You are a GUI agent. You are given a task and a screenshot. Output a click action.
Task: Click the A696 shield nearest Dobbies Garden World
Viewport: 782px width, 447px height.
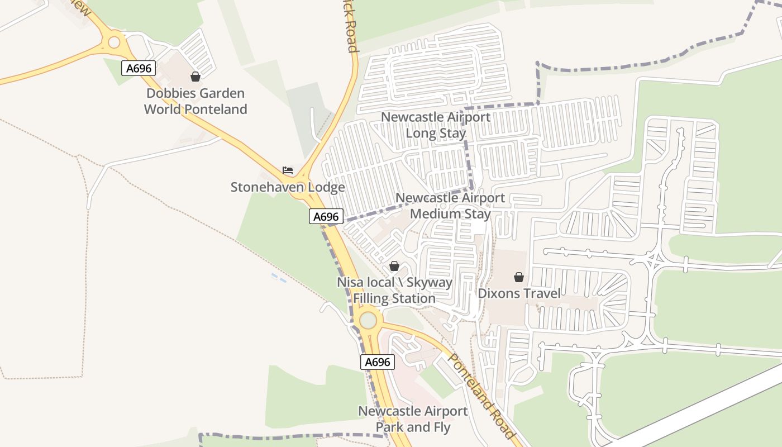(139, 69)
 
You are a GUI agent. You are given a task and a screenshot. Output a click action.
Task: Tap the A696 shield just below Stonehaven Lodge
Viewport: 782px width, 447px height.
(326, 217)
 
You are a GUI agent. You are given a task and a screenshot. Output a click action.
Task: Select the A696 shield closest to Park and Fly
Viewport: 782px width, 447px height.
(377, 362)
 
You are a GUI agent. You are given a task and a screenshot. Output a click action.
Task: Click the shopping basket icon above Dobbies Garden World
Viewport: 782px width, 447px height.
(195, 77)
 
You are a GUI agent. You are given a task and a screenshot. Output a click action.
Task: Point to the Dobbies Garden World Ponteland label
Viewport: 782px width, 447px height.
(195, 101)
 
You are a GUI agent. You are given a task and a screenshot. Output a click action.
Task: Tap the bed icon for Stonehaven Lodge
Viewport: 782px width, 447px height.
(288, 170)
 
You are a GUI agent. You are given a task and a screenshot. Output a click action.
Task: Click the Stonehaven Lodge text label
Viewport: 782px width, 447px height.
(288, 187)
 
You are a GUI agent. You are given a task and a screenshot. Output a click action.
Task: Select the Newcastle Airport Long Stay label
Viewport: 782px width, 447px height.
(436, 125)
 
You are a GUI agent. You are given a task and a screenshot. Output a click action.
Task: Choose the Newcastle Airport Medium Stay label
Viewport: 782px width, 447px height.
(450, 206)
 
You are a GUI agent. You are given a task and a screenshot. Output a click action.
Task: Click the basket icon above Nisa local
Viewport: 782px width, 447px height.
(394, 266)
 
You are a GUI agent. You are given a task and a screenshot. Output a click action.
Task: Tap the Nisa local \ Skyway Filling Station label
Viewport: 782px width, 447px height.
(394, 291)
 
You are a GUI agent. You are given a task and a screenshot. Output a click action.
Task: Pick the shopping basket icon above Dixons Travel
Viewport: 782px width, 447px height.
(519, 277)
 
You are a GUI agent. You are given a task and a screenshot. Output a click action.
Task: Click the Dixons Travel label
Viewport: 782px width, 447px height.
(519, 293)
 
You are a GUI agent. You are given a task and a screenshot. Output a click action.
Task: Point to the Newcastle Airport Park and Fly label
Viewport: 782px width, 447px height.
(413, 419)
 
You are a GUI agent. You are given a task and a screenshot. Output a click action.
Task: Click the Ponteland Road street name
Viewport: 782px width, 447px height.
(481, 397)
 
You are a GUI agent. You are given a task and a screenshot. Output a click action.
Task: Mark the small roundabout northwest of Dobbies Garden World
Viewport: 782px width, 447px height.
(114, 42)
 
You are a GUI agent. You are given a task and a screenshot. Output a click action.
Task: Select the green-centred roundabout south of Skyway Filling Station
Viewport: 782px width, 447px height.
(368, 321)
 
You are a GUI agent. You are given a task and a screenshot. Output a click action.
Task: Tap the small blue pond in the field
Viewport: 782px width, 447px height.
(279, 278)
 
